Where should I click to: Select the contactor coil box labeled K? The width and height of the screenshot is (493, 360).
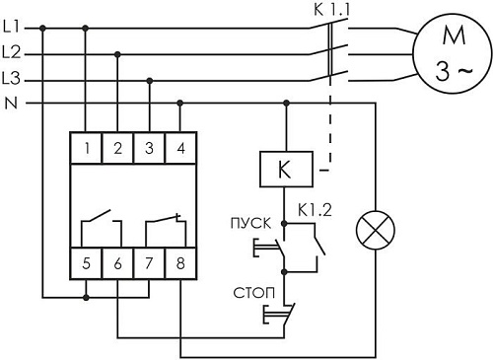pos(286,168)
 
